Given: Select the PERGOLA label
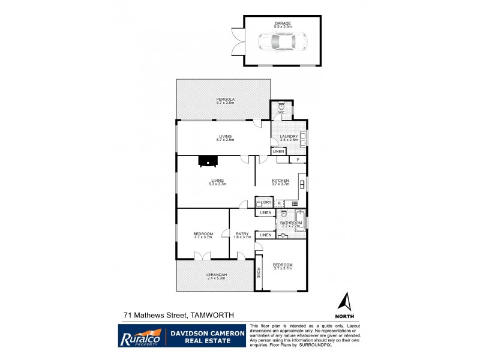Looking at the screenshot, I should tap(225, 99).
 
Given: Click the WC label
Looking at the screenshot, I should tap(280, 113).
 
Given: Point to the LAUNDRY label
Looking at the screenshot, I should tap(289, 137).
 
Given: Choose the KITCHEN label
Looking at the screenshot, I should tap(280, 181).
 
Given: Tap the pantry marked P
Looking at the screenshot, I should tap(297, 160).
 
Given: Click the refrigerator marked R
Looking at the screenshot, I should tap(280, 203).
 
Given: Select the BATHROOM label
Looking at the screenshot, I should tap(291, 223).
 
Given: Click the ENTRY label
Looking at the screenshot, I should tap(242, 233).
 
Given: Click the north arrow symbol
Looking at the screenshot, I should tap(344, 302).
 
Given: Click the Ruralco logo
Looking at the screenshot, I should tap(140, 335).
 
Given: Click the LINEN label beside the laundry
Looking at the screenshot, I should tap(278, 152).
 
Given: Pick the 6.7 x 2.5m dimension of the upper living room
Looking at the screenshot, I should tap(225, 140).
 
